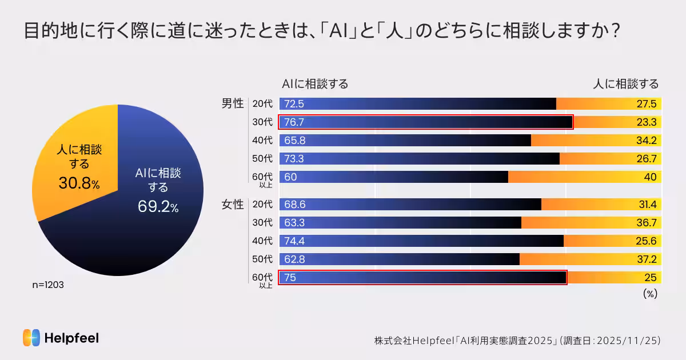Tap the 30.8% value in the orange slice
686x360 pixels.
coord(79,183)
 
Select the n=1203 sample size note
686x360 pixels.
coord(48,285)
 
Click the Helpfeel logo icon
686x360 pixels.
coord(31,338)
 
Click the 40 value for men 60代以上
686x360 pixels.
coord(650,177)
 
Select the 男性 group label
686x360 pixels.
coord(233,104)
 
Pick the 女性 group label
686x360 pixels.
coord(233,205)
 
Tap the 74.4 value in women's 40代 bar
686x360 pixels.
coord(294,241)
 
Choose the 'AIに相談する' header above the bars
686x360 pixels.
coord(315,84)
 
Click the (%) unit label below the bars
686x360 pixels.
coord(650,294)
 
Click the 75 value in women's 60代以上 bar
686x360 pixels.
coord(290,278)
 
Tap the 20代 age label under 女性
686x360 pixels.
coord(262,205)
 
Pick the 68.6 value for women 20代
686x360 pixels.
coord(294,205)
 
